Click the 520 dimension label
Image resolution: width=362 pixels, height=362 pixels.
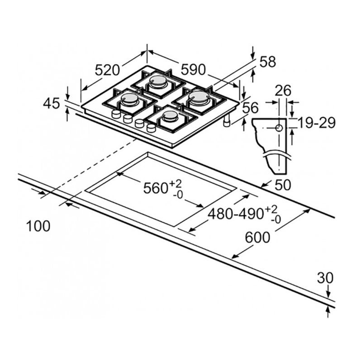(107, 71)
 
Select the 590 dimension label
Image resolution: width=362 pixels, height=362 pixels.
(193, 70)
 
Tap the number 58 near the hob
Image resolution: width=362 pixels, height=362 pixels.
(268, 62)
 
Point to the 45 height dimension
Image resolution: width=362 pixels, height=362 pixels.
(52, 103)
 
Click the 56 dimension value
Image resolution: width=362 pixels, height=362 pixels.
(251, 108)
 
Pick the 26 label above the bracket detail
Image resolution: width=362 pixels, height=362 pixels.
(284, 90)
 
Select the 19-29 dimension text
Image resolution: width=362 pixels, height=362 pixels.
(316, 123)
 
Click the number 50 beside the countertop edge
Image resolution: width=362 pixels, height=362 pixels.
(283, 185)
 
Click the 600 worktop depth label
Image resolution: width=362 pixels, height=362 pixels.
(257, 237)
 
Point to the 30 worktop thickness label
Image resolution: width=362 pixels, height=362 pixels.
(325, 278)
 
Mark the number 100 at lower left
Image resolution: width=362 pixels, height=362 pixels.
(38, 226)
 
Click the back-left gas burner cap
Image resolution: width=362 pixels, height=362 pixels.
(158, 81)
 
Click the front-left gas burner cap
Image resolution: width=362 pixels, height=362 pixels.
(130, 98)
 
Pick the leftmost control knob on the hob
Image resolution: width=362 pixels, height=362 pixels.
(116, 114)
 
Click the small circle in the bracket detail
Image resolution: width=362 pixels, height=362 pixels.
(279, 128)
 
